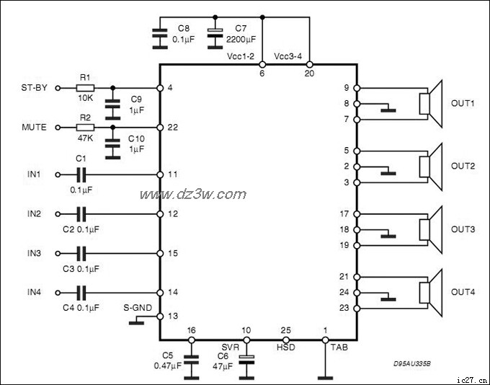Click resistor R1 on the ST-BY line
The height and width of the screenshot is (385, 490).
coord(85,88)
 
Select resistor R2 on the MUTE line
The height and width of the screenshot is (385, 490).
coord(85,127)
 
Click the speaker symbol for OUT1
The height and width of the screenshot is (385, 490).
coord(430,103)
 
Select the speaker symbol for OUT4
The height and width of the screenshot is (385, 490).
coord(430,292)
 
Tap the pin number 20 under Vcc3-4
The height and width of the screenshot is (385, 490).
coord(309,74)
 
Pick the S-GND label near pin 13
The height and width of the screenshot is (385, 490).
coord(138,306)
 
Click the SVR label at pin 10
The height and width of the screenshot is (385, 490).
coord(230,347)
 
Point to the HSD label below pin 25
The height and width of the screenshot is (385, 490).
coord(286,347)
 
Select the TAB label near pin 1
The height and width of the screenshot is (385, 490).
coord(338,347)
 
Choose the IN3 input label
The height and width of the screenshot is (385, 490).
coord(34,254)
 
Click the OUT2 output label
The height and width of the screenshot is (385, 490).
coord(463,166)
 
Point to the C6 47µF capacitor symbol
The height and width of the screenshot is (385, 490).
coord(246,358)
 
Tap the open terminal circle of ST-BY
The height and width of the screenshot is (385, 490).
coord(59,88)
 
